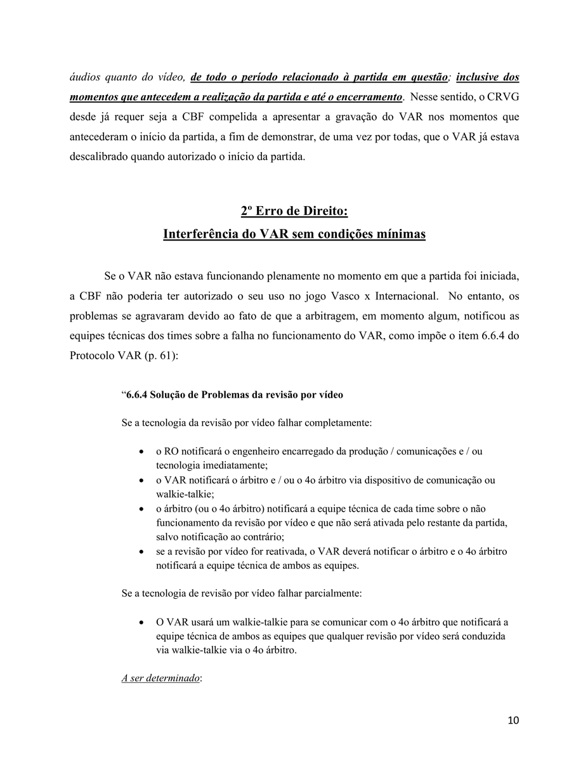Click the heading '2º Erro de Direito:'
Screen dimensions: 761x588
click(294, 211)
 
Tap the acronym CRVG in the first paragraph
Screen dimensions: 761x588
click(504, 97)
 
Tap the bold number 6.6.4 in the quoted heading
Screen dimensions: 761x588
click(137, 394)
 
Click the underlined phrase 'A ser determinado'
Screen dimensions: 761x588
click(160, 678)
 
